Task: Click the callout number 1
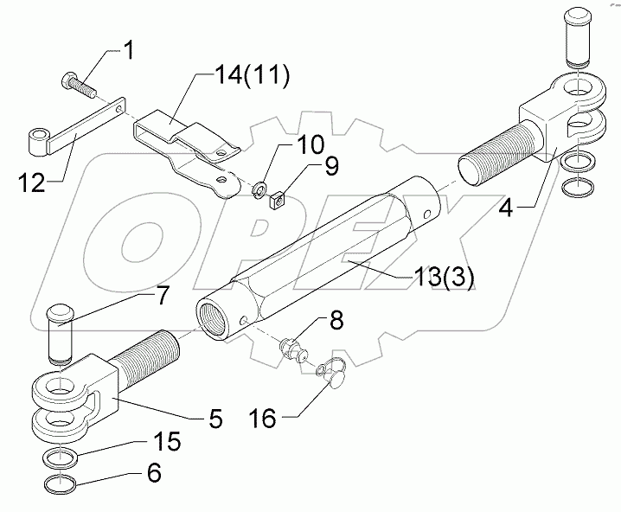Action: tap(128, 51)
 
